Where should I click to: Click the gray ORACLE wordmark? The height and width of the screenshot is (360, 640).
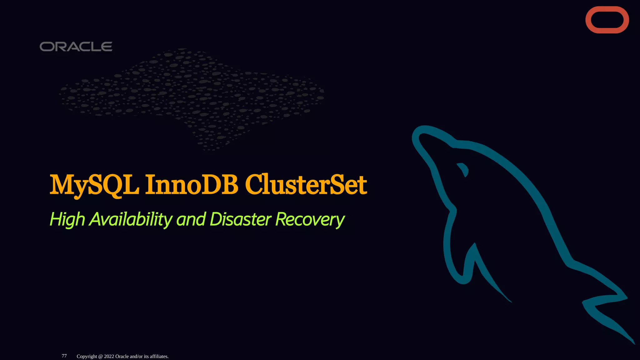coord(76,47)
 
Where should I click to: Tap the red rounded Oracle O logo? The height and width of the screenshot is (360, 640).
coord(607,20)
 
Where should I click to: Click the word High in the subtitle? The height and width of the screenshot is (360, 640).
coord(67,220)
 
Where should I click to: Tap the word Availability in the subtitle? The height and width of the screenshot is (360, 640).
coord(131,220)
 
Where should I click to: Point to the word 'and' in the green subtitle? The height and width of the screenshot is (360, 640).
coord(191,219)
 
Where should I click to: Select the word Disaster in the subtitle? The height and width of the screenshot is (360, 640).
coord(241,219)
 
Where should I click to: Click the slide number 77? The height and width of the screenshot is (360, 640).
coord(64,356)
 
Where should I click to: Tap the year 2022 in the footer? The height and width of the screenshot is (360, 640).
coord(109,357)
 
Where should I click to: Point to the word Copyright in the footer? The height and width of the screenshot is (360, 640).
coord(87,357)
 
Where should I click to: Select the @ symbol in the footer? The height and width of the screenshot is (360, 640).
coord(101,357)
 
